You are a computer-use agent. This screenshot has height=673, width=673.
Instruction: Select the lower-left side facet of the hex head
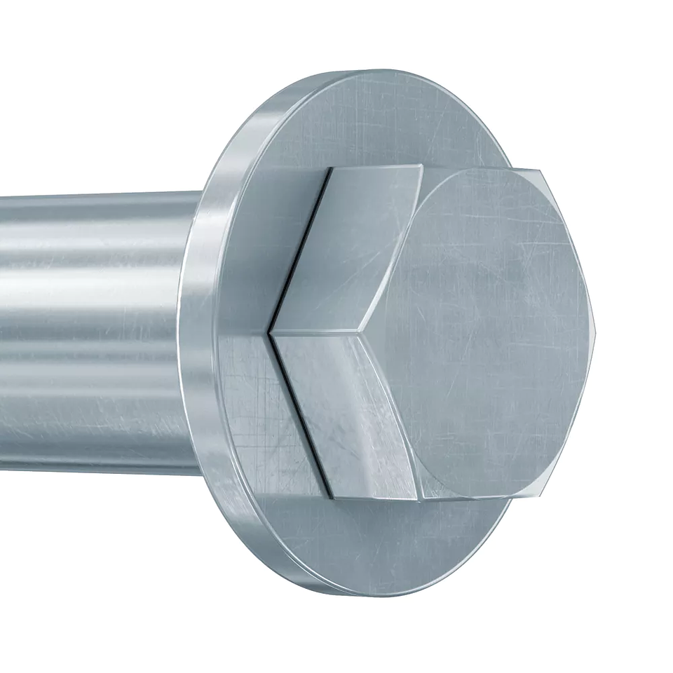point(344,414)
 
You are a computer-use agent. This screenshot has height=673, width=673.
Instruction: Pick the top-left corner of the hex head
point(329,170)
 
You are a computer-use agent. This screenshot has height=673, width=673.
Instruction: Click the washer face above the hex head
point(393,119)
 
